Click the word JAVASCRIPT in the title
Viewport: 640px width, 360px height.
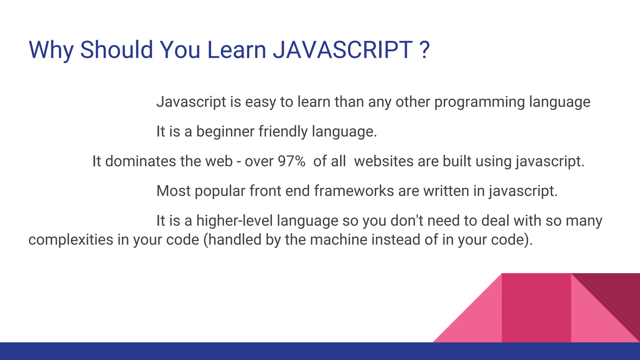[x=343, y=50]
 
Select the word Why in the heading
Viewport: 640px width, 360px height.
[x=51, y=50]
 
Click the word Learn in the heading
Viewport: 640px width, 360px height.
[x=236, y=50]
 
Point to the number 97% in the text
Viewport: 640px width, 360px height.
[x=292, y=161]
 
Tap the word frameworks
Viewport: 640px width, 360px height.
[x=354, y=191]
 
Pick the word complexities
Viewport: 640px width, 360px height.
[x=71, y=240]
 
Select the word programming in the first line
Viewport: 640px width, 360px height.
[x=480, y=102]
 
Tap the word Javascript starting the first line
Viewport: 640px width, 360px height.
[x=191, y=102]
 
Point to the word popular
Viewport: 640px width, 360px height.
[x=220, y=191]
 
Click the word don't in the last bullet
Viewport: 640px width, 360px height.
[x=407, y=221]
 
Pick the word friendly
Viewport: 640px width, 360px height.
[x=283, y=132]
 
